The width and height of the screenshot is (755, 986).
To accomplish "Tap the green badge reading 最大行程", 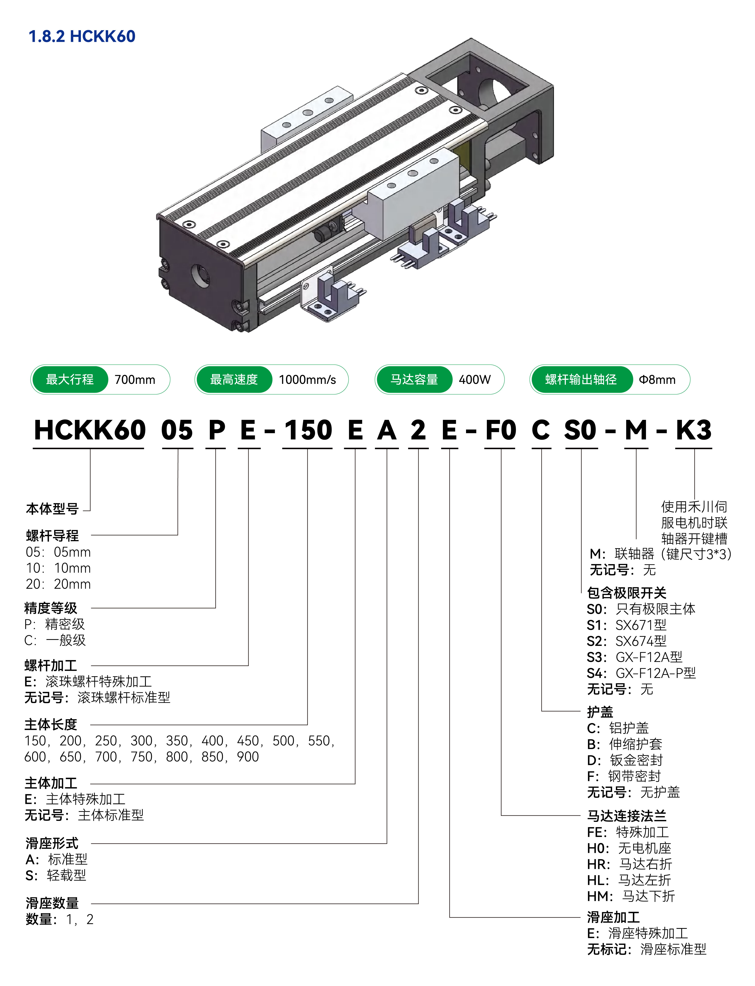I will [70, 379].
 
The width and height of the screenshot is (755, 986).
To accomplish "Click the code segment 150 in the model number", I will [308, 430].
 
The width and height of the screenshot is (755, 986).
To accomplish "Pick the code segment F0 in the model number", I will [501, 430].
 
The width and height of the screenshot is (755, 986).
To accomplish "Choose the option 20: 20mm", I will [58, 584].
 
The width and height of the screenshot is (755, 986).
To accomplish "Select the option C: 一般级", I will [55, 640].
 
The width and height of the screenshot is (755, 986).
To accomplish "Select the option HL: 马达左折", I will [629, 880].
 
